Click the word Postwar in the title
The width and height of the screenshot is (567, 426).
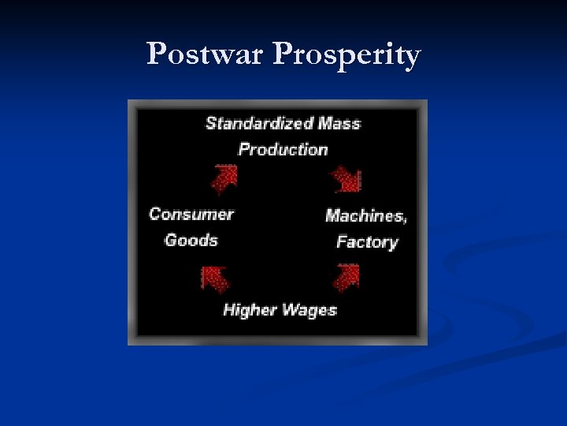tap(206, 54)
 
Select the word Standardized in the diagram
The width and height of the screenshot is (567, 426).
tap(259, 123)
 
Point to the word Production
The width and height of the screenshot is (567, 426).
tap(283, 149)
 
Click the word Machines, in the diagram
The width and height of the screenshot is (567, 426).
tap(366, 215)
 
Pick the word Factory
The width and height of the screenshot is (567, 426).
tap(367, 241)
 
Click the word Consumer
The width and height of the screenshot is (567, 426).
tap(191, 214)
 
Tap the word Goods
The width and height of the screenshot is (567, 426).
tap(191, 240)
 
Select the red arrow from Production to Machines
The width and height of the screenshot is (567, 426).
tap(346, 179)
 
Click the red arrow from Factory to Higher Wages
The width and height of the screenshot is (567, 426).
tap(346, 277)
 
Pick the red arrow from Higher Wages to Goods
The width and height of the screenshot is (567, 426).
tap(214, 278)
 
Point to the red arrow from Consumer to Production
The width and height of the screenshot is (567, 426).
tap(224, 178)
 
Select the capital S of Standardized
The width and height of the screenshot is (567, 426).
tap(211, 123)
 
